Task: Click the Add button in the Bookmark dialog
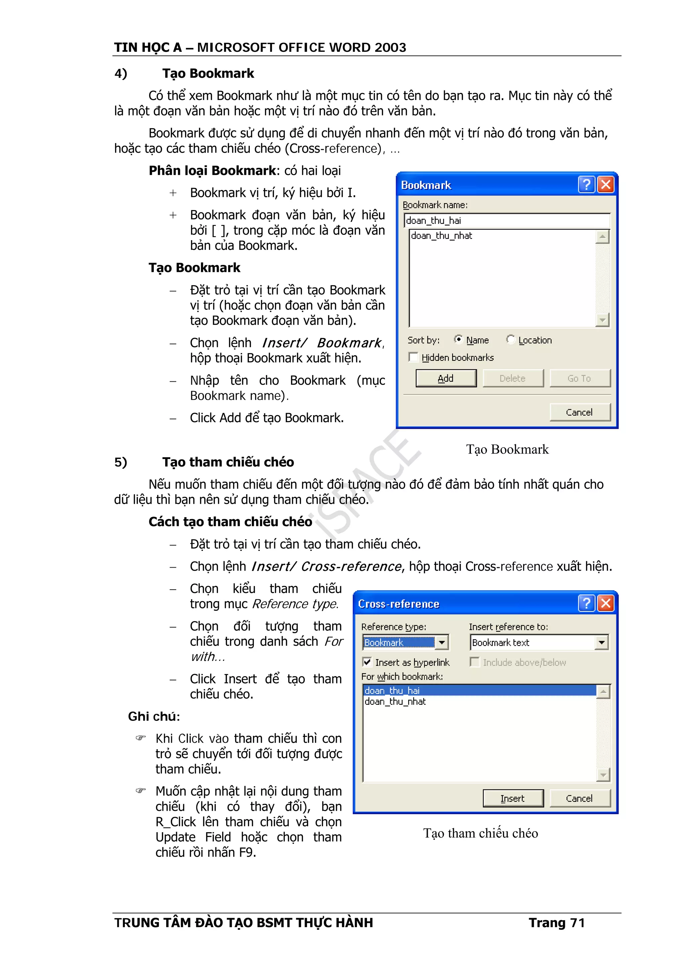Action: pos(446,378)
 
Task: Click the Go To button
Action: pos(580,378)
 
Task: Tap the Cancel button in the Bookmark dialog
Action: pos(580,412)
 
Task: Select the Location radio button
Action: pos(511,339)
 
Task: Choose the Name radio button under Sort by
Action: pos(458,339)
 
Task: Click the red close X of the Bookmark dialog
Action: pos(606,185)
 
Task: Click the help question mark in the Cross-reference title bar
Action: pos(586,603)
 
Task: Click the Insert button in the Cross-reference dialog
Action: pos(513,798)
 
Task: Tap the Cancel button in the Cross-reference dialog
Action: pos(580,798)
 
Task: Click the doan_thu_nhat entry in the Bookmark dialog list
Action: pos(442,236)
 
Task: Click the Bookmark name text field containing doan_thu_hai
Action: pos(506,221)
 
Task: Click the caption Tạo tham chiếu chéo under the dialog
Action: pos(480,834)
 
